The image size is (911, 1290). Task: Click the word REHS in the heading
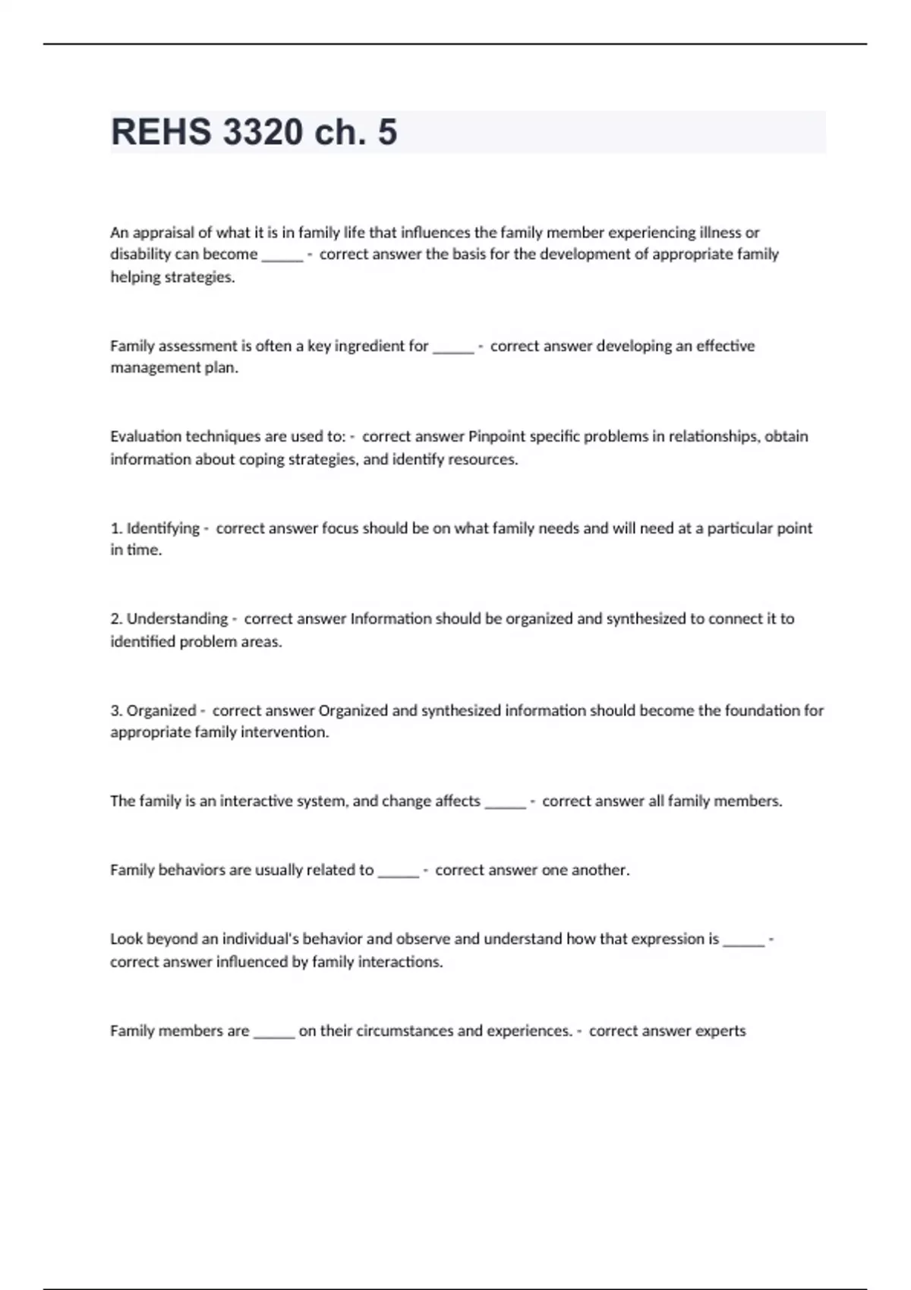(x=161, y=132)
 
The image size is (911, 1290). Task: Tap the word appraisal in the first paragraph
(x=163, y=232)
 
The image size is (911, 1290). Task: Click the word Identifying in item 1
(x=162, y=528)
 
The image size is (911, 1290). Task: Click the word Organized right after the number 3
(x=161, y=710)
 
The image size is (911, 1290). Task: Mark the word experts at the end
(x=720, y=1030)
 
